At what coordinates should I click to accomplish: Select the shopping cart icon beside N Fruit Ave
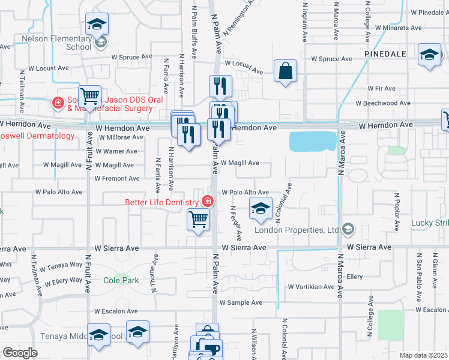(89, 96)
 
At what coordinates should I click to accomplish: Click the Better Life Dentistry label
(160, 202)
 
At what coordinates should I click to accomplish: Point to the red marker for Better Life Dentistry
(208, 201)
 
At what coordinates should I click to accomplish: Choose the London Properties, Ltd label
(297, 229)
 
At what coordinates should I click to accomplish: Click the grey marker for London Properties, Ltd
(348, 229)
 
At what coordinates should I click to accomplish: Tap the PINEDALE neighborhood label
(385, 53)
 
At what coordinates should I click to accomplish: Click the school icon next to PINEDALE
(430, 55)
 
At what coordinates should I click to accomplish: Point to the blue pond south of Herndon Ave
(313, 142)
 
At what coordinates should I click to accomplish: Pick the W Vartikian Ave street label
(311, 287)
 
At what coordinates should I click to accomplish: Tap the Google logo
(20, 353)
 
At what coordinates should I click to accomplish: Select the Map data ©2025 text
(424, 355)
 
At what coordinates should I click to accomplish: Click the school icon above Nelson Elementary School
(96, 25)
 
